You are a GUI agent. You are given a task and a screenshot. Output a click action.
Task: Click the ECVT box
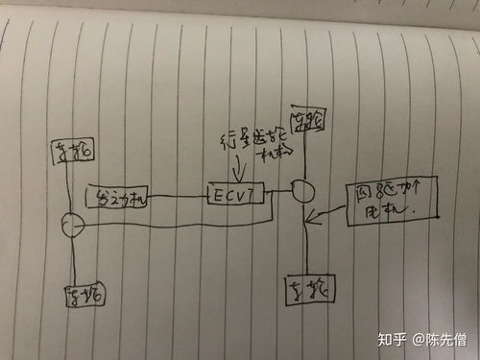click(x=233, y=195)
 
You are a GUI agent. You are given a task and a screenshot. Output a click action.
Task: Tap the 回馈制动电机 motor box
click(x=389, y=204)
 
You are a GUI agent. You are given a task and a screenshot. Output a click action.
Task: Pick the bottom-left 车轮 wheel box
click(x=85, y=296)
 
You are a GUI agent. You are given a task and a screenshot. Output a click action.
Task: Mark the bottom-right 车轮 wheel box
click(x=308, y=288)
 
